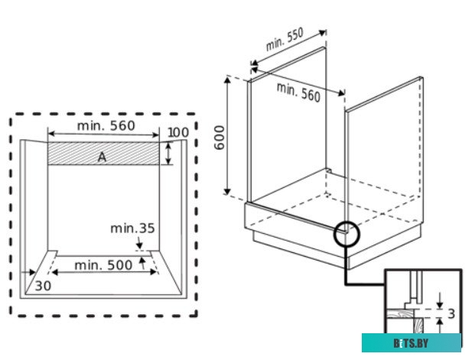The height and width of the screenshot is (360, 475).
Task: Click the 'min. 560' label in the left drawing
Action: (106, 125)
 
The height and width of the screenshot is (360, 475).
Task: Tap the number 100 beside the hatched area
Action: (177, 133)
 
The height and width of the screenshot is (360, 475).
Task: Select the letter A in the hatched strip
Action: (102, 157)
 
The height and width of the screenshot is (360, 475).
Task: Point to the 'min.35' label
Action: (132, 228)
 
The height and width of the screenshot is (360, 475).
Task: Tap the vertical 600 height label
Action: (220, 136)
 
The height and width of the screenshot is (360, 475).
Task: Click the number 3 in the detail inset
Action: (452, 313)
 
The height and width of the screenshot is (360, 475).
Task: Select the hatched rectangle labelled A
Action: (76, 154)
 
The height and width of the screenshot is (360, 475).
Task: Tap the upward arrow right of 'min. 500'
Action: (142, 263)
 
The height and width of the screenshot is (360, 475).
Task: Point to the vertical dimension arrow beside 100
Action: (169, 153)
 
